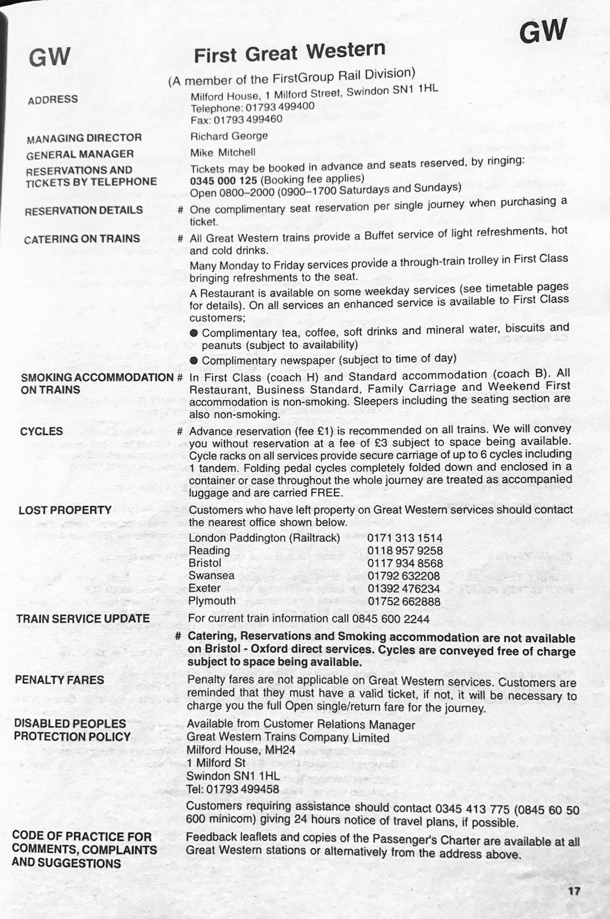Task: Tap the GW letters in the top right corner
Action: click(x=542, y=32)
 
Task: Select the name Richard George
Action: click(x=229, y=136)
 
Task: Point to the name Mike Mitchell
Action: click(x=223, y=153)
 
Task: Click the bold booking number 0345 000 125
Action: click(x=223, y=181)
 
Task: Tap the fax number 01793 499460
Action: click(x=248, y=120)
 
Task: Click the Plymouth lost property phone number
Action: click(x=404, y=601)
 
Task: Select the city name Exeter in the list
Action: click(x=204, y=588)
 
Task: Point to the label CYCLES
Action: click(x=42, y=431)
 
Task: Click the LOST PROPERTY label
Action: click(x=65, y=510)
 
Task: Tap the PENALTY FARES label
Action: click(x=59, y=680)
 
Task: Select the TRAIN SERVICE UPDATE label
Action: click(x=83, y=619)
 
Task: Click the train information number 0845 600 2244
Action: click(x=391, y=619)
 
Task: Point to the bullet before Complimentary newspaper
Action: click(x=194, y=360)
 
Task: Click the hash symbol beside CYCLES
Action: click(x=179, y=432)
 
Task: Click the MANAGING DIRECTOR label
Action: click(x=84, y=138)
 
